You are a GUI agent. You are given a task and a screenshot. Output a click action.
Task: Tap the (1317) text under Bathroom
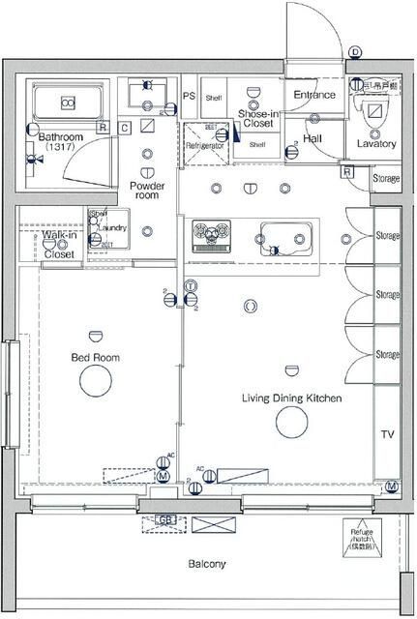click(60, 149)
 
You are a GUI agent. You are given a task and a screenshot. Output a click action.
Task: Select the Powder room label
click(147, 189)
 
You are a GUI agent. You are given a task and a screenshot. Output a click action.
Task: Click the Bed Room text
click(95, 357)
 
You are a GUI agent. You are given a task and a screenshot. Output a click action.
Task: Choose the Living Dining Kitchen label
click(290, 398)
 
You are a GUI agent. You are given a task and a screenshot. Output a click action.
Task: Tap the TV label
click(387, 433)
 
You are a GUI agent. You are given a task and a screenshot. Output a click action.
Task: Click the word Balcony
click(206, 564)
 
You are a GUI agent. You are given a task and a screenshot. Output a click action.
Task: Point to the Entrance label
click(314, 95)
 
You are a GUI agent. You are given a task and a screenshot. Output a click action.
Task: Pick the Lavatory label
click(375, 143)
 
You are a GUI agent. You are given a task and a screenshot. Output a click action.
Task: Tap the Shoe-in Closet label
click(257, 119)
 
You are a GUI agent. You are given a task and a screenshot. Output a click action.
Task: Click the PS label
click(189, 97)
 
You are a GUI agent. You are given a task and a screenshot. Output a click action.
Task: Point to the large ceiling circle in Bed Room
click(95, 383)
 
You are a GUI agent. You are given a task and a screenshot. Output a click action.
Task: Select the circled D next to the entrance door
click(355, 52)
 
